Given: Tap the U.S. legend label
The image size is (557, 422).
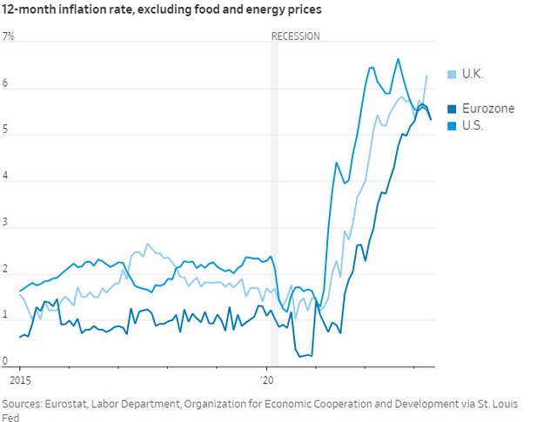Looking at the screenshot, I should (x=471, y=125).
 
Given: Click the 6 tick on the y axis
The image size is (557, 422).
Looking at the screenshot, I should (x=6, y=84).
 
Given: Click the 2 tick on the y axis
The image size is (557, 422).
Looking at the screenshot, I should (x=6, y=270).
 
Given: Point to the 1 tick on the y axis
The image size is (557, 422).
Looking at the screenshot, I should (x=6, y=316).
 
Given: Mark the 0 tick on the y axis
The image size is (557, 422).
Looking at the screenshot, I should (x=6, y=362).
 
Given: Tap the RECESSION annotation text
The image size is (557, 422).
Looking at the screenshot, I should (x=296, y=37).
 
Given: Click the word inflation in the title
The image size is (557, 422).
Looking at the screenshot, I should (x=91, y=10).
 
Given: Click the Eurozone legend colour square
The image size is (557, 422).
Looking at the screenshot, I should (x=451, y=109).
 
